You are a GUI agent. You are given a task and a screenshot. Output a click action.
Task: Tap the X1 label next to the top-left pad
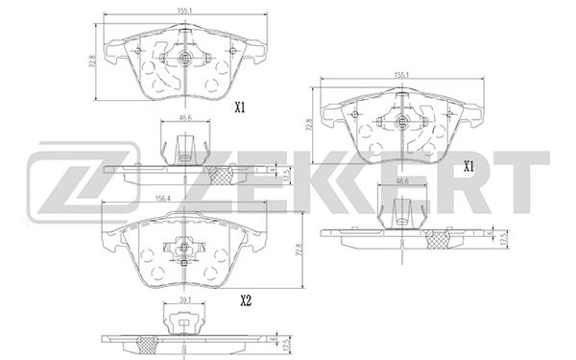pyautogui.click(x=242, y=108)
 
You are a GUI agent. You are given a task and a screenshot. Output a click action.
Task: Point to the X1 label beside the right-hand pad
pyautogui.click(x=469, y=166)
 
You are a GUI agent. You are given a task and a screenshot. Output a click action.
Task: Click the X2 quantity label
pyautogui.click(x=245, y=300)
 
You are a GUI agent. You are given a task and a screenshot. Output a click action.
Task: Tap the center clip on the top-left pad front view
pyautogui.click(x=185, y=60)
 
